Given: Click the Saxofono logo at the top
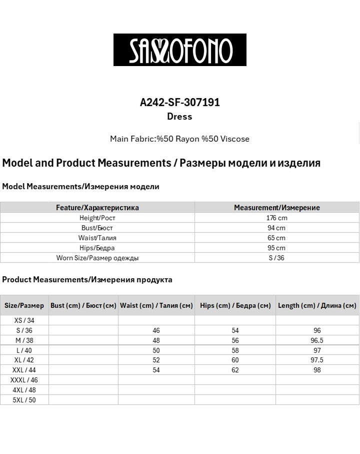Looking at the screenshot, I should [180, 50].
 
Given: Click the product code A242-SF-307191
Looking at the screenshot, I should [180, 102].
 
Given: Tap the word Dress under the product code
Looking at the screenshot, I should [179, 117].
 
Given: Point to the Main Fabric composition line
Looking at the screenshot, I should [179, 139].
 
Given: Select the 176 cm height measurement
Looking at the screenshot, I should [276, 218].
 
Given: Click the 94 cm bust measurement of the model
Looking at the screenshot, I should [276, 228].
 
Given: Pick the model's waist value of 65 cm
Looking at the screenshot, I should [276, 238].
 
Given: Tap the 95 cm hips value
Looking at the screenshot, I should [276, 248].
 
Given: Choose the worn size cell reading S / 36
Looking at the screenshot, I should [276, 258].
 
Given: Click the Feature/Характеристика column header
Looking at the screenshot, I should [97, 207].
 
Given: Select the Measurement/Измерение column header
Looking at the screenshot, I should [276, 207].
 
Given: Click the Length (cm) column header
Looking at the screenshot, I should [317, 305].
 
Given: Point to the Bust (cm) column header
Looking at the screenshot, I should [83, 305].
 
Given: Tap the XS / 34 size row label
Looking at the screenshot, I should [24, 320].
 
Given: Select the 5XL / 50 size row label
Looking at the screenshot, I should [24, 400].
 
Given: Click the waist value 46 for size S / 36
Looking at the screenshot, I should [156, 330].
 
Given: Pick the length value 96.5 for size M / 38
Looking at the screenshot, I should [317, 340].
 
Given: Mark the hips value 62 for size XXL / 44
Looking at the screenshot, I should [235, 370].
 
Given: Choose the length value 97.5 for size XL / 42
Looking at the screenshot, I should [317, 360].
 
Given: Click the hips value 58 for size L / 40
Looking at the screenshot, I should [235, 350].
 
